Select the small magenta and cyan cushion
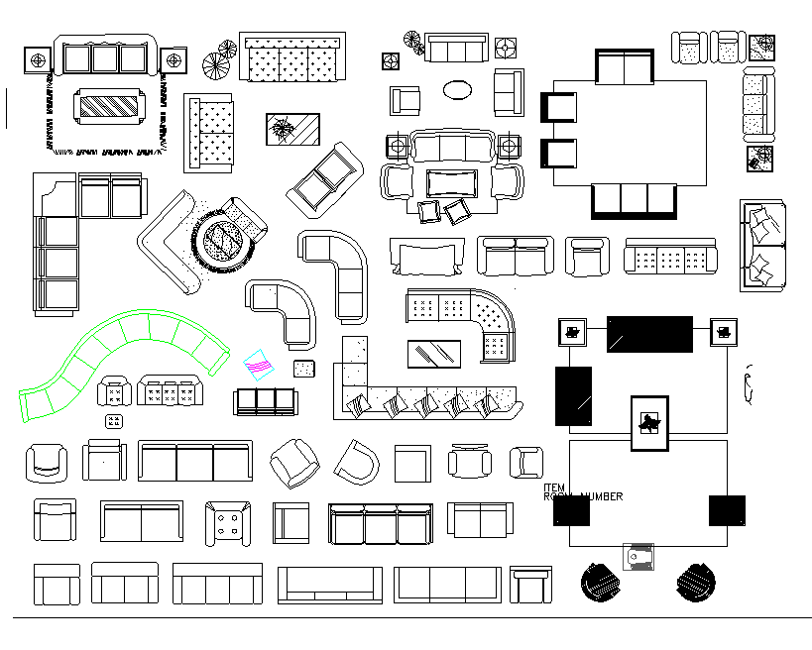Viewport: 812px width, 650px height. pos(260,366)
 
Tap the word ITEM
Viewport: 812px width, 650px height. pos(554,488)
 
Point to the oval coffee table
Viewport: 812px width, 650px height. pos(458,90)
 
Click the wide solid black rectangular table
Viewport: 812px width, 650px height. pos(649,334)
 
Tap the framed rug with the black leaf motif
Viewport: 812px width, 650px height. pos(650,423)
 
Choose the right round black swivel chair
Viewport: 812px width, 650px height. pos(695,582)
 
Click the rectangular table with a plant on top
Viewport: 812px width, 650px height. pos(292,129)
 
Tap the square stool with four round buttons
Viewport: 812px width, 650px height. pos(228,522)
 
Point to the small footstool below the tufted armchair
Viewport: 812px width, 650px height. pos(114,421)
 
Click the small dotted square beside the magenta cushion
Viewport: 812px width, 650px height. pos(304,370)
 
